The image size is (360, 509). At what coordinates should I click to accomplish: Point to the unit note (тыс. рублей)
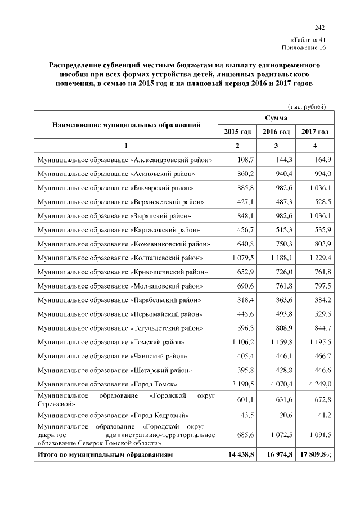pos(307,106)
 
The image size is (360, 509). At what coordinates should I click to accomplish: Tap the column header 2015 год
pos(237,132)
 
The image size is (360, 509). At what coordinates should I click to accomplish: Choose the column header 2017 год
pos(315,132)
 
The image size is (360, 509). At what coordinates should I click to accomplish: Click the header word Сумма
pos(276,118)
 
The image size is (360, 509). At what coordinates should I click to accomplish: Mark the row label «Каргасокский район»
pos(119,230)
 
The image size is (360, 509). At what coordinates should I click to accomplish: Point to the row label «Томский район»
pos(111,342)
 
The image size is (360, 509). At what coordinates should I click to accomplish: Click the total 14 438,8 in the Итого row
pos(239,453)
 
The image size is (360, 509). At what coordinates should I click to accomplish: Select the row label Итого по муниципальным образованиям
pos(105,453)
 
